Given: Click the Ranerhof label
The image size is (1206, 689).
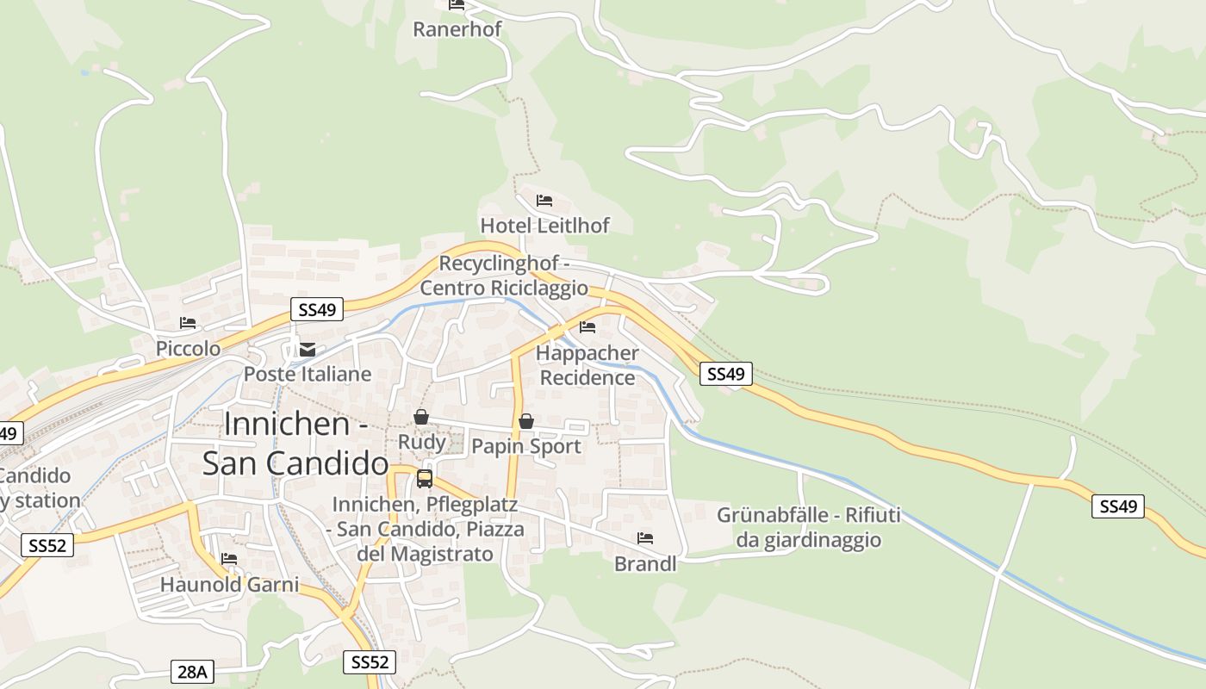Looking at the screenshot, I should coord(457,29).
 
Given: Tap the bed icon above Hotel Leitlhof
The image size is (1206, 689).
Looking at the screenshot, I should coord(544,201).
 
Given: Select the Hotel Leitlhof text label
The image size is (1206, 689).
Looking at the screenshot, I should coord(544,226).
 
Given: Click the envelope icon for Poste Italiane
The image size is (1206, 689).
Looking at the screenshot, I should coord(308,350).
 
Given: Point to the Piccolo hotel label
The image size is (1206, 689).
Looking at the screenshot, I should coord(188,349).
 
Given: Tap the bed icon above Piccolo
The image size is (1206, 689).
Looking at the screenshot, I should coord(188,323).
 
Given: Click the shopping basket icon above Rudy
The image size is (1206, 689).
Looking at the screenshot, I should coord(421,417).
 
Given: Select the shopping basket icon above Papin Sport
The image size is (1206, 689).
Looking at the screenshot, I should coord(525,421).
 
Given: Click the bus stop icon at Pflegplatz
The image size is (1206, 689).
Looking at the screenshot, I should coord(425,479).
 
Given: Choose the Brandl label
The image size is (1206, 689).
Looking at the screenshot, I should coord(645,564).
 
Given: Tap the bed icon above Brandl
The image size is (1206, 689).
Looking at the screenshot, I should coord(645,538).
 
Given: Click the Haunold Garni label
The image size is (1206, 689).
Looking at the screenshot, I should coord(229,585).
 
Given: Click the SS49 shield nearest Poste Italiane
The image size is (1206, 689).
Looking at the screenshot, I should coord(317,310).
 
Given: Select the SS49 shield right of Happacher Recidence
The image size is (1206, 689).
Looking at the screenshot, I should coord(725,374).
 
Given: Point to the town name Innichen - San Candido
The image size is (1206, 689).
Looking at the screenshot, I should coord(295,444).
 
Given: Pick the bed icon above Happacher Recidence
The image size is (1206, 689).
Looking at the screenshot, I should coord(587,327).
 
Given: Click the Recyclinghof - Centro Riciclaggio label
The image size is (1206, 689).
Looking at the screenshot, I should coord(504,276).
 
